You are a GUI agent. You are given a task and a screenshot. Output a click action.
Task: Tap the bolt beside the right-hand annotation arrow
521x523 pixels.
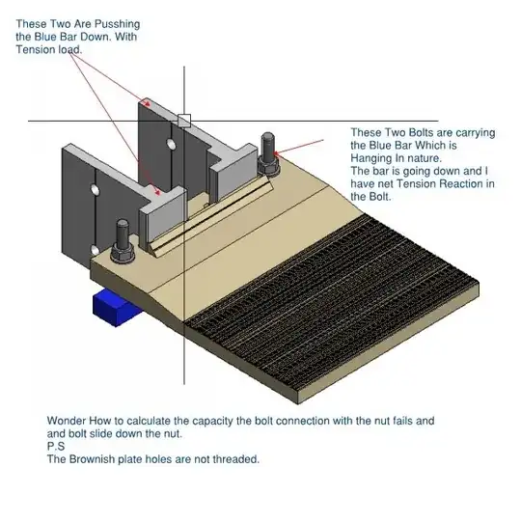(268, 153)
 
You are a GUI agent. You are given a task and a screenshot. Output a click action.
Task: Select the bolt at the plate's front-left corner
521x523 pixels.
(123, 241)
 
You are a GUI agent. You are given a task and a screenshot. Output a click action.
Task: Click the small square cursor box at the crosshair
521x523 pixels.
(184, 121)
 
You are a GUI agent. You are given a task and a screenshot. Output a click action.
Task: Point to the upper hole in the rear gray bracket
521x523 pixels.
(172, 145)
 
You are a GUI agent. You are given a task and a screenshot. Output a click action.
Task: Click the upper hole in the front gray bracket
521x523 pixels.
(96, 190)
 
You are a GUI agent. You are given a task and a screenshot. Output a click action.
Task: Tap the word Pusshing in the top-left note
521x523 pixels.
(117, 24)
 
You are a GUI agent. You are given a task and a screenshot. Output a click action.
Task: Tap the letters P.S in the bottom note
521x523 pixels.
(56, 446)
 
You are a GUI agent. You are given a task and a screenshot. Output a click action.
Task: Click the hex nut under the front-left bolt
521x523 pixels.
(123, 254)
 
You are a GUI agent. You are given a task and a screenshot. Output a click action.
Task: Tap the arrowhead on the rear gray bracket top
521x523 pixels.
(147, 103)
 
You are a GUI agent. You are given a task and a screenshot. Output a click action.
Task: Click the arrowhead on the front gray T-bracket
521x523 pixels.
(157, 191)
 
